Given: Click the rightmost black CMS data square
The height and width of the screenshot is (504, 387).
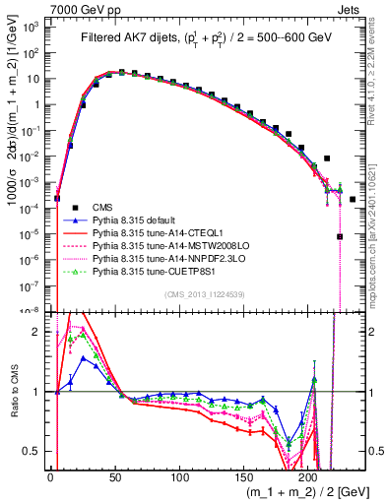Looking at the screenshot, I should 352,199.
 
